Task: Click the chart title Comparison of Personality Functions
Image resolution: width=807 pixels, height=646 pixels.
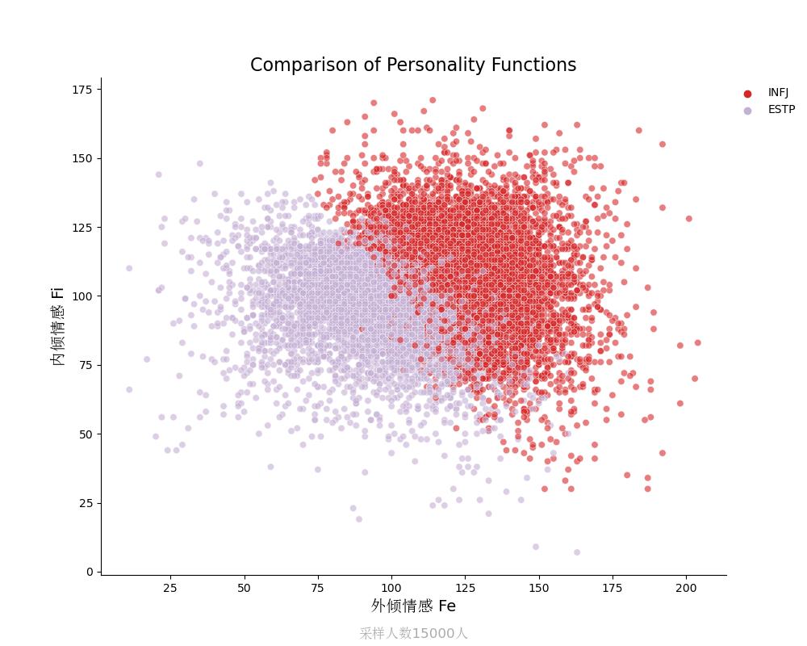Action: click(x=413, y=65)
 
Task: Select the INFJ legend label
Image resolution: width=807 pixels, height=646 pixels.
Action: click(x=778, y=93)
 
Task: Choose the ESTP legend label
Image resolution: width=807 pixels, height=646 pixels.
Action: click(x=781, y=110)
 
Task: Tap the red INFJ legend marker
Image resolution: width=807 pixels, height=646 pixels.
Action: click(x=747, y=94)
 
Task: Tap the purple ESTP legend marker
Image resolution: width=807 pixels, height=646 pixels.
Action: click(x=747, y=111)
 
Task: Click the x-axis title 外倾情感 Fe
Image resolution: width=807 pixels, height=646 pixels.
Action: click(x=413, y=606)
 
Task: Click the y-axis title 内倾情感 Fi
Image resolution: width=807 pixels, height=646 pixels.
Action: click(x=58, y=325)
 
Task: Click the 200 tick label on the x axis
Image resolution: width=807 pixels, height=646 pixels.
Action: click(x=686, y=589)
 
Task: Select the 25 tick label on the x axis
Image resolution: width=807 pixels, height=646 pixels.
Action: click(x=170, y=589)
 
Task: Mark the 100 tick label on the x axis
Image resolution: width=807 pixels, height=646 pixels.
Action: click(x=391, y=589)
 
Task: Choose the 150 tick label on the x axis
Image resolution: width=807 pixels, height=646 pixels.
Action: click(x=538, y=589)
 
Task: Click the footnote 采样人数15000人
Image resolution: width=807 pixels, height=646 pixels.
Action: click(x=413, y=634)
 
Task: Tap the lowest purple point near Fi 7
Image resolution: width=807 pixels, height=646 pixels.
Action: click(x=577, y=552)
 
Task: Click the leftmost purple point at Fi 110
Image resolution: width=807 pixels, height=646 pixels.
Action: click(x=129, y=268)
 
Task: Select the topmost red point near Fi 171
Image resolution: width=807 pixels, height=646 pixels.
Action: click(x=433, y=100)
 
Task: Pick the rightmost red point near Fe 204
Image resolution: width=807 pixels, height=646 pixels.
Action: click(x=697, y=342)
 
